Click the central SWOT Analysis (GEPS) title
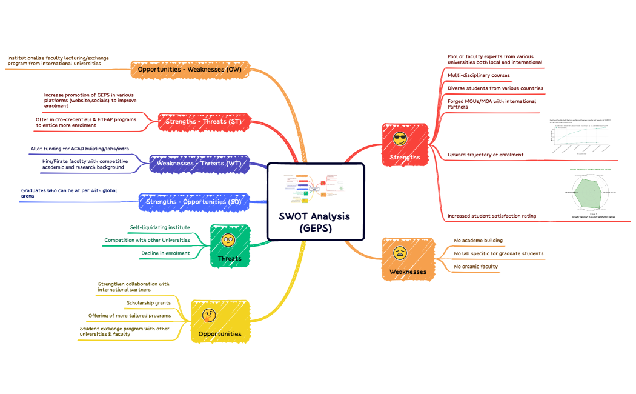314,222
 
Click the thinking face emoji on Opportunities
210,315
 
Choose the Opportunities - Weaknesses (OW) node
190,70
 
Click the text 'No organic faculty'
475,267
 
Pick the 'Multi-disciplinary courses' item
479,76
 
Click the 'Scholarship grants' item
148,302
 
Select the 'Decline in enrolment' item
165,253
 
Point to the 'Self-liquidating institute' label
160,227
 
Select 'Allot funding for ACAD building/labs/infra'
80,149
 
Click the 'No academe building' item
478,241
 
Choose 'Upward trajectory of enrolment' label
485,155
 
